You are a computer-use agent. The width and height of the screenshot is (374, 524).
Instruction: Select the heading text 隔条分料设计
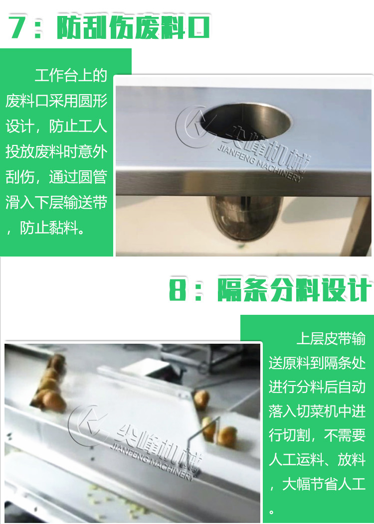click(294, 290)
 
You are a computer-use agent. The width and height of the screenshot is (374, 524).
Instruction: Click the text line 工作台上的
click(71, 76)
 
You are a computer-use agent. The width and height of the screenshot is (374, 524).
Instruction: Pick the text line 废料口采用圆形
click(56, 102)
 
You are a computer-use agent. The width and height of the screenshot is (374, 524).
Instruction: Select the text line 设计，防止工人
click(56, 127)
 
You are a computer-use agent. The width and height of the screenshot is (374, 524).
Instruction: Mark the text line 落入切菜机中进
click(317, 412)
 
